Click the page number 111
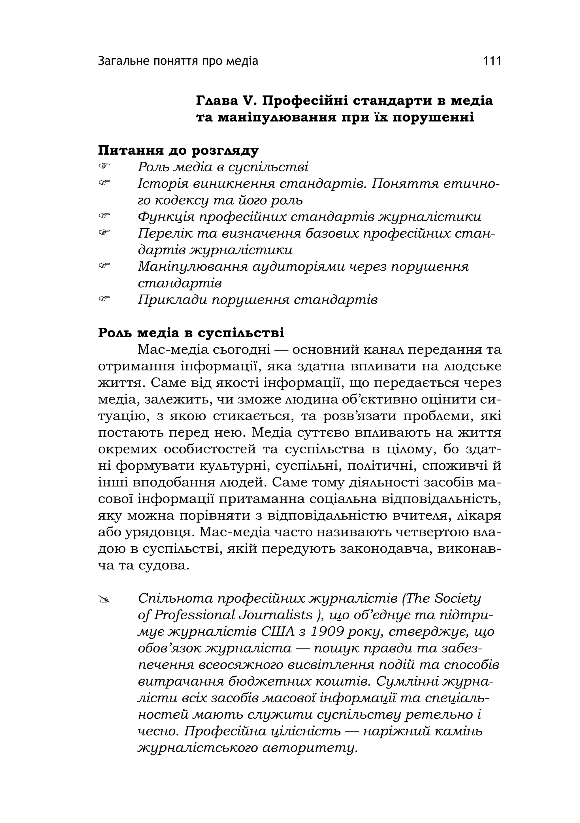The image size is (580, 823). [x=492, y=61]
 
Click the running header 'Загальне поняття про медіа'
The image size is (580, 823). [x=178, y=61]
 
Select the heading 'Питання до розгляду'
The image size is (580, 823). [x=178, y=151]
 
